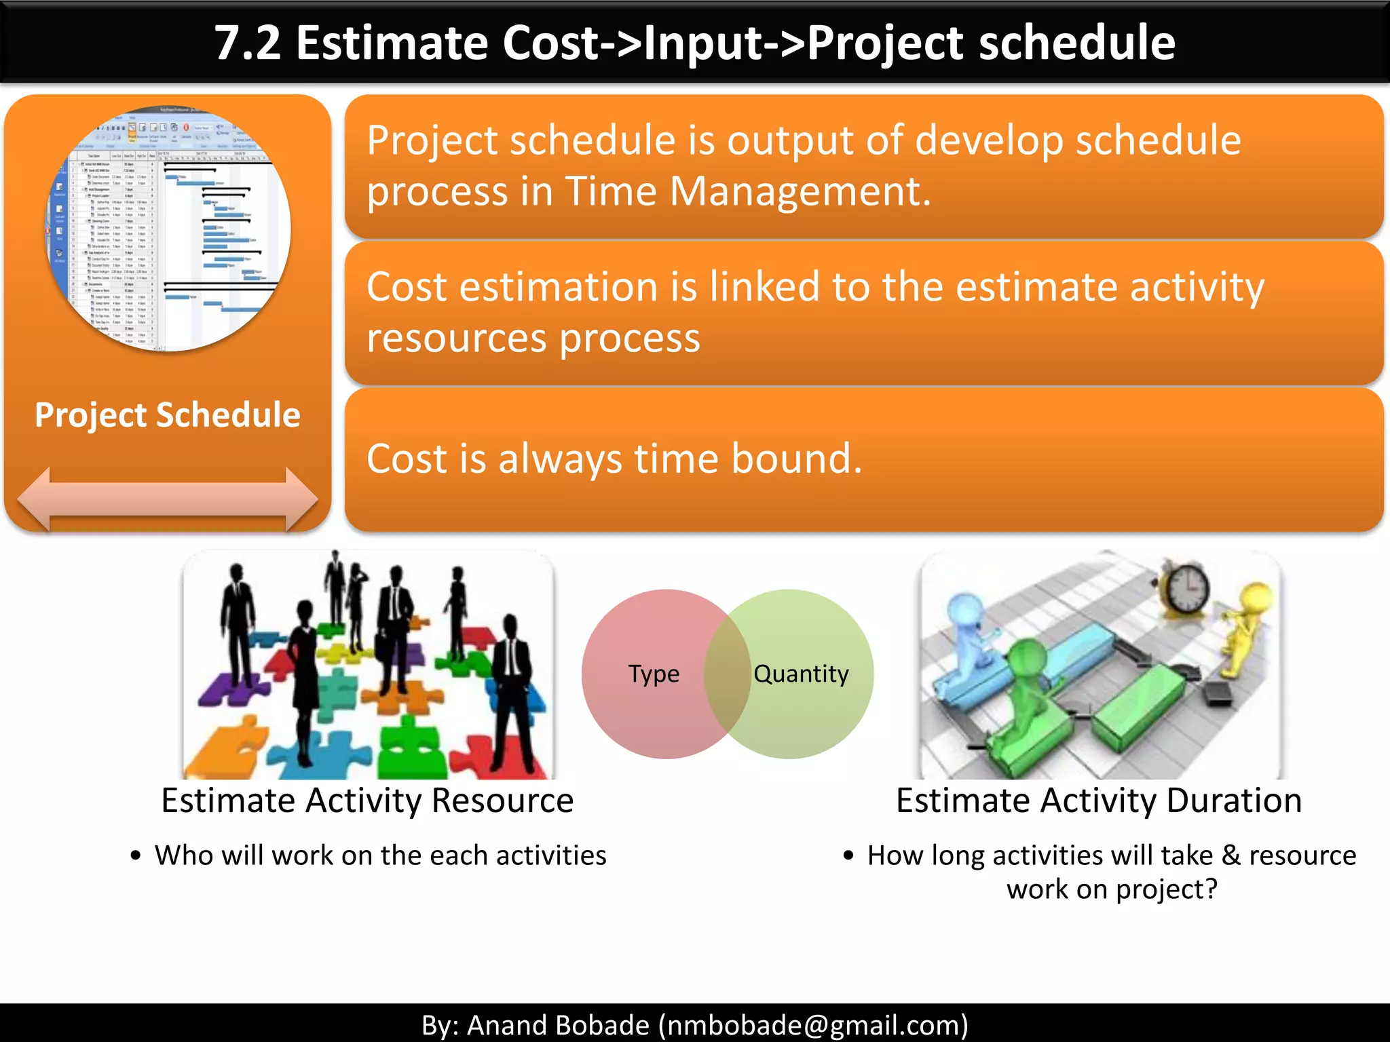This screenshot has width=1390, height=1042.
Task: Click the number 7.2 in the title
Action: coord(247,43)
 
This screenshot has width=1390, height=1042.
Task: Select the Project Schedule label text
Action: coord(167,414)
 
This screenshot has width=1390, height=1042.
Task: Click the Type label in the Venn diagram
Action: coord(653,674)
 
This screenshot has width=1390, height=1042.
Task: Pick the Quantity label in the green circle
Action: coord(801,674)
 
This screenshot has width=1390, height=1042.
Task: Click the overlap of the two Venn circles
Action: coord(727,674)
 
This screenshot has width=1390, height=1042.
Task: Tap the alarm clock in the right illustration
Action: coord(1185,587)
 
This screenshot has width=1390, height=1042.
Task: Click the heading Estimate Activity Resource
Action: coord(367,800)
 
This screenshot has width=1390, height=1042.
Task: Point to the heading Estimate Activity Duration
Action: coord(1098,800)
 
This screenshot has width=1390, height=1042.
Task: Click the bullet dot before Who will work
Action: coord(136,856)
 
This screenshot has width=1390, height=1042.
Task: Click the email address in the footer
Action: coord(813,1025)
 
